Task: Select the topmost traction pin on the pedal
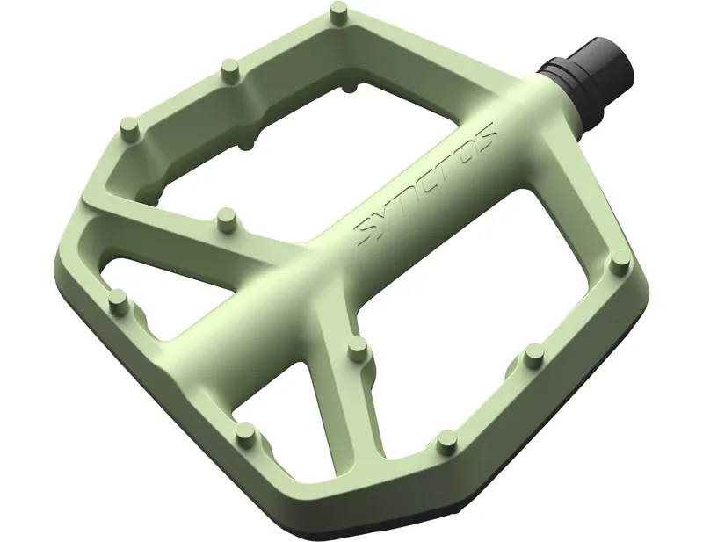338,12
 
